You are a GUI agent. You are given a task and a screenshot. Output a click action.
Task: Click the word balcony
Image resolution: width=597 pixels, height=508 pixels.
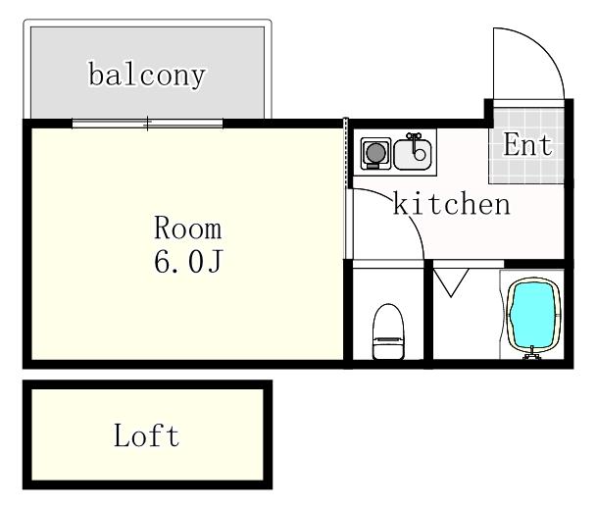coord(147,76)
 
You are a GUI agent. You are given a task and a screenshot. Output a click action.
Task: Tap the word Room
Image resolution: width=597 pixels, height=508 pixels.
coord(187,228)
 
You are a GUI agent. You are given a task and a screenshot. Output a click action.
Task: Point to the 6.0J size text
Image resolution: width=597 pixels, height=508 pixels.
coord(187,261)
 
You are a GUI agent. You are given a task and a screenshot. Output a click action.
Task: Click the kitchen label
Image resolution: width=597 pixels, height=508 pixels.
coord(451,204)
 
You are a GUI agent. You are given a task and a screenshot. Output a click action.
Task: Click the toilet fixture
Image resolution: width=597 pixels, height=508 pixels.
coord(388,331)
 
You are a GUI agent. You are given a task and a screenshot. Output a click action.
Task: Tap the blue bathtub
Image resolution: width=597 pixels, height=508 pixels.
coord(532,315)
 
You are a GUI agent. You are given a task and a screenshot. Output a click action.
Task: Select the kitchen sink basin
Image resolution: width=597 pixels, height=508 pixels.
coord(413,154)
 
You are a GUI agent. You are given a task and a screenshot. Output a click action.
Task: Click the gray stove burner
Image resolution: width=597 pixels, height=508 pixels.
coord(375,153)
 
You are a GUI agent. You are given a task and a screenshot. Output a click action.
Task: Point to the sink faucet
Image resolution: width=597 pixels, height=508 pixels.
coord(416,146)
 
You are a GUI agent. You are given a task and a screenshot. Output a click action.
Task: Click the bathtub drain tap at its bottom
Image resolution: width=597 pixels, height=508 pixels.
coord(532,353)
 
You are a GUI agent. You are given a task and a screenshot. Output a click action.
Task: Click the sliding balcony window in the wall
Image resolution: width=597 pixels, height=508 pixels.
coord(147,124)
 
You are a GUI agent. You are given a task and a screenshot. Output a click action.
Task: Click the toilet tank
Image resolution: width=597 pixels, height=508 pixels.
coord(388,347)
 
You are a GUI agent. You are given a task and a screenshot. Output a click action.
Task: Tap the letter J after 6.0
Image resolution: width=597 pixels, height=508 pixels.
coord(215,261)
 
